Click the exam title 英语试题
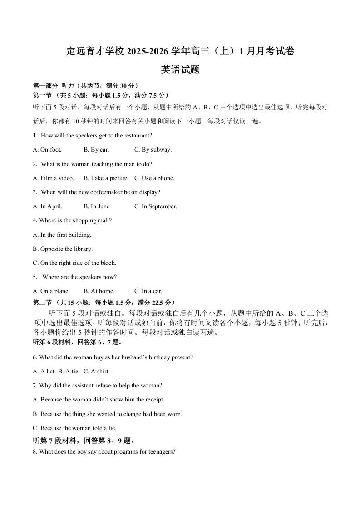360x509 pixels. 180,70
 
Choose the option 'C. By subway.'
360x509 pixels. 153,150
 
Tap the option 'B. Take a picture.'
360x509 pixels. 106,178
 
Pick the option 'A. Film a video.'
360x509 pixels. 54,178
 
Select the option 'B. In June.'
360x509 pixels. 97,206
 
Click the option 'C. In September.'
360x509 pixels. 156,206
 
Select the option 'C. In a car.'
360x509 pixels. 148,291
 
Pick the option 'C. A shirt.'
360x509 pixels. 97,372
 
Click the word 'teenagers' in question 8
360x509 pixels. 161,452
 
